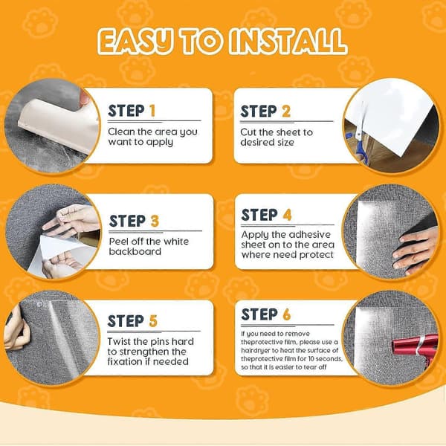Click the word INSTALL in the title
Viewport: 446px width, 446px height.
pos(288,41)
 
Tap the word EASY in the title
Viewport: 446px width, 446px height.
pos(135,42)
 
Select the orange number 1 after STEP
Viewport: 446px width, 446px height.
pos(152,111)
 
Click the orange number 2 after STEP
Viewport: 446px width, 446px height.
pos(286,111)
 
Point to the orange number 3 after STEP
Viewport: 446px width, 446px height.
pos(155,221)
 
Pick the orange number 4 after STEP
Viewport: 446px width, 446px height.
pos(287,215)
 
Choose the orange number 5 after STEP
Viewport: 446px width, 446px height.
pos(153,321)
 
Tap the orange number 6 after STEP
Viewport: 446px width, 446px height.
pos(287,314)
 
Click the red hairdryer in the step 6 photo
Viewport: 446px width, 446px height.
pos(415,348)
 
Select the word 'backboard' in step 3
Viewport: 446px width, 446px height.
pos(135,251)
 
